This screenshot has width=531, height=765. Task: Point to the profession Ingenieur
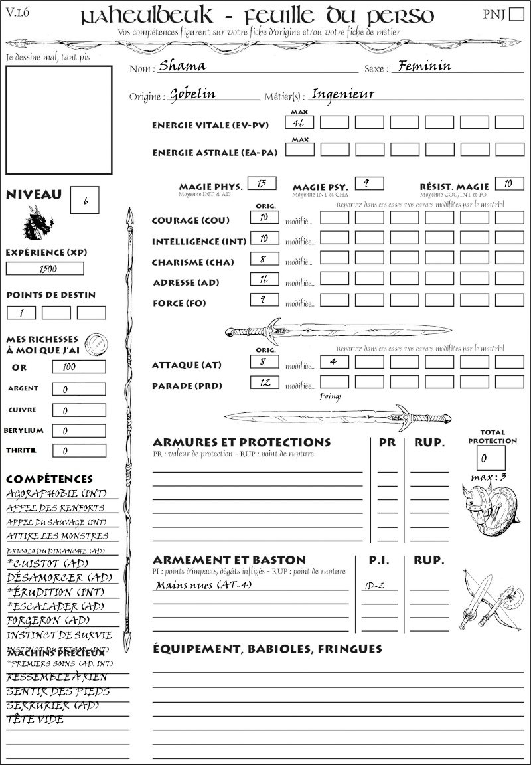343,94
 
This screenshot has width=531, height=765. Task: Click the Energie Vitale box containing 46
300,122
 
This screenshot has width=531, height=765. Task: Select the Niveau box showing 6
85,200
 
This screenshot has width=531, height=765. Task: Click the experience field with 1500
45,268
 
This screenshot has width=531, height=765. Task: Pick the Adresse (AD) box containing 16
264,280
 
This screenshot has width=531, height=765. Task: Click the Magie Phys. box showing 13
262,183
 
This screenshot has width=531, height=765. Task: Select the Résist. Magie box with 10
508,183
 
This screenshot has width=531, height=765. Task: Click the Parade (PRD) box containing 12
264,382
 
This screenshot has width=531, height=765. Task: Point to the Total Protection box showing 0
491,458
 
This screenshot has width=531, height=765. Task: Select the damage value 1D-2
376,586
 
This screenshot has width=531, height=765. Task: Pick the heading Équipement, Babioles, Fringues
267,648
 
